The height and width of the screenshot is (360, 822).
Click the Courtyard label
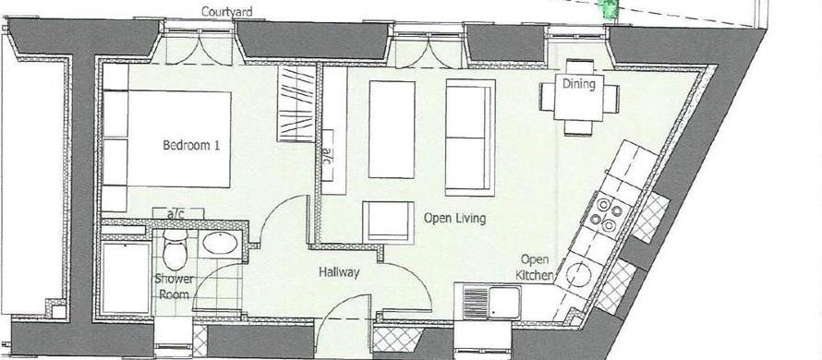point(228,12)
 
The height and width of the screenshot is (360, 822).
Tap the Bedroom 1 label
point(191,145)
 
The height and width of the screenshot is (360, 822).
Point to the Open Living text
point(454,219)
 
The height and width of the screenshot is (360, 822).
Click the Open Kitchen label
point(537,268)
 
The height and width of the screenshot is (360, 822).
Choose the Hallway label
point(339,273)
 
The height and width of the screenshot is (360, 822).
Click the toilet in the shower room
point(175,250)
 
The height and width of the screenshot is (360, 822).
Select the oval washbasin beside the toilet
point(219,245)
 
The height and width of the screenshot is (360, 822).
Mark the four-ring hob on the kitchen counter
point(610,213)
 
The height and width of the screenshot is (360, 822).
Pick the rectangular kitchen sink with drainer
point(491,300)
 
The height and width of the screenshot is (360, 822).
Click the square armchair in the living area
point(386,222)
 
